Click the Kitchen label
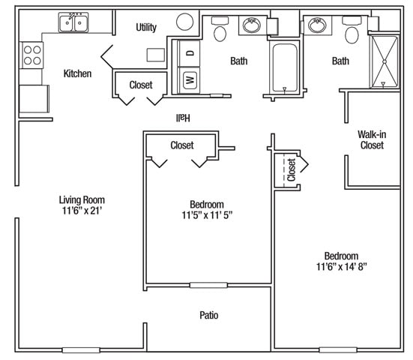coord(77,73)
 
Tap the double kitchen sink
coord(73,22)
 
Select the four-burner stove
coord(32,55)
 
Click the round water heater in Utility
coord(185,22)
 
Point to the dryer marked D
coord(189,53)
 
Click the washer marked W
coord(189,79)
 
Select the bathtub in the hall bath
coord(285,67)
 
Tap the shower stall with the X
coord(385,61)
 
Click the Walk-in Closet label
coord(372,139)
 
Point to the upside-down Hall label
coord(183,118)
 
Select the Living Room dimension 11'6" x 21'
coord(82,211)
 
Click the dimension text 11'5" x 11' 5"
coord(207,215)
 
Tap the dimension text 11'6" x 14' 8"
coord(341,267)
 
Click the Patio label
coord(209,315)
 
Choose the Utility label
coord(146,28)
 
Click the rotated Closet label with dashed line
coord(292,169)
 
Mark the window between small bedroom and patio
coord(208,285)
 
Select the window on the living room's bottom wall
coord(81,350)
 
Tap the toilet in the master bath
coord(352,31)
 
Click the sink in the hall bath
coord(252,25)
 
